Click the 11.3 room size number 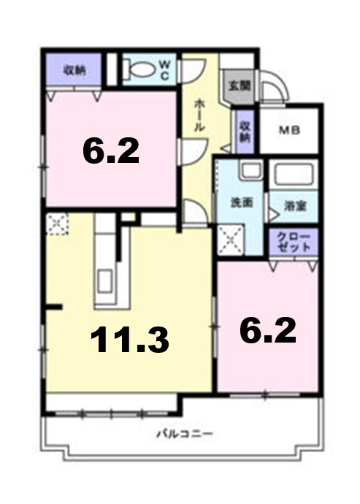[x=130, y=339]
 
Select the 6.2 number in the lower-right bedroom [x=268, y=331]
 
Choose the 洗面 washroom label [x=241, y=202]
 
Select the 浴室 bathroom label [x=296, y=205]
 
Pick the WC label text [x=164, y=69]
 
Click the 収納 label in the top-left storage [x=73, y=70]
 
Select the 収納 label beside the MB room [x=245, y=130]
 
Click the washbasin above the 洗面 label [x=251, y=172]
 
